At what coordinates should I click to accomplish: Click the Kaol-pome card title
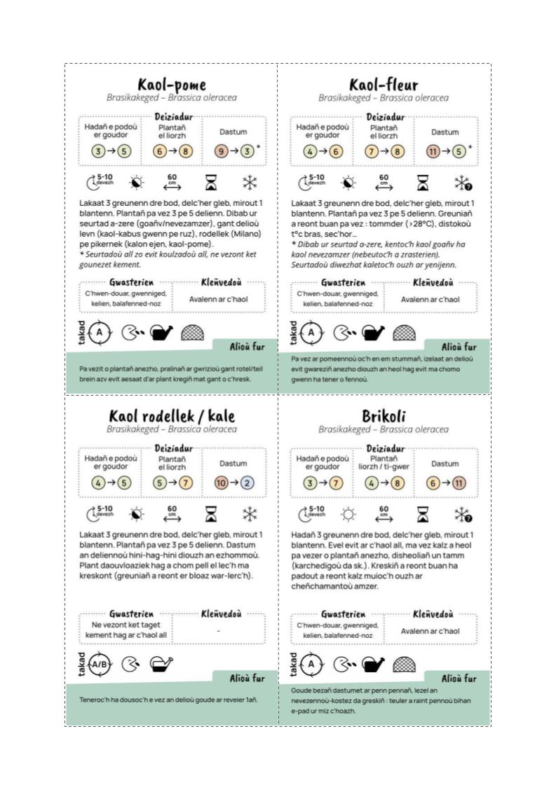click(172, 85)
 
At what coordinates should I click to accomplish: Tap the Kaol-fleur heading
click(383, 85)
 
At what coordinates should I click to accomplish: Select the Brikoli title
click(384, 417)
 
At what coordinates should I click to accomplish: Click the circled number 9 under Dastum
click(220, 151)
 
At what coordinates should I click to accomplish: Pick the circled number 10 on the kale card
click(220, 482)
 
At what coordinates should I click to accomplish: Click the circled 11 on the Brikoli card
click(459, 482)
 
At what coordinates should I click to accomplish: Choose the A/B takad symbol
click(100, 664)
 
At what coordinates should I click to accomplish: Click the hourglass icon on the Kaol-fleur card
click(423, 183)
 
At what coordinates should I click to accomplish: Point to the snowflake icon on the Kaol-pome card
click(249, 183)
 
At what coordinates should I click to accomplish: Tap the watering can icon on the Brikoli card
click(373, 663)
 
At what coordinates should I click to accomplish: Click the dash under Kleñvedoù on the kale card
click(219, 631)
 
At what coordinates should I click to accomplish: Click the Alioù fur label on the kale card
click(247, 678)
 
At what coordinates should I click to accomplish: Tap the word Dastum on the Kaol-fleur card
click(445, 132)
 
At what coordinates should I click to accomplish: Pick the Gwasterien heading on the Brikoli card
click(343, 614)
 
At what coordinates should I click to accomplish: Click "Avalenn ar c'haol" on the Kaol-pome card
click(219, 299)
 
